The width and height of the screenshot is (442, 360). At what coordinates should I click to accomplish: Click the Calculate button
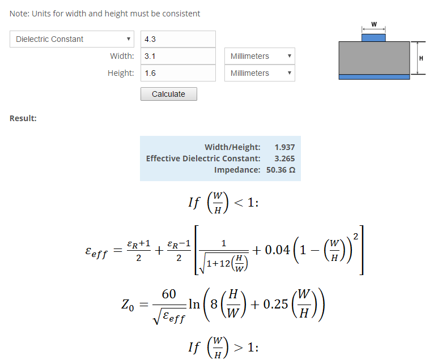pyautogui.click(x=168, y=94)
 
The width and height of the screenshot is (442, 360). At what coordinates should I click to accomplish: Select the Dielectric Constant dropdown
pyautogui.click(x=72, y=39)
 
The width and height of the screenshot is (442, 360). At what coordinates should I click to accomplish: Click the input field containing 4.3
pyautogui.click(x=178, y=39)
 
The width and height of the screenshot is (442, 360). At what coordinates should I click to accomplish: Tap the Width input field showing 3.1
pyautogui.click(x=178, y=56)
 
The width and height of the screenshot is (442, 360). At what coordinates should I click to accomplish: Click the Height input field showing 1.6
pyautogui.click(x=178, y=73)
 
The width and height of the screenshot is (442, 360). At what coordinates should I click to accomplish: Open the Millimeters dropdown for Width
pyautogui.click(x=260, y=56)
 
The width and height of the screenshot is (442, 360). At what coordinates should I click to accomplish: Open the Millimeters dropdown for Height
pyautogui.click(x=260, y=73)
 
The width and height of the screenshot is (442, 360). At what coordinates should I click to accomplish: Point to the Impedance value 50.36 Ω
pyautogui.click(x=280, y=170)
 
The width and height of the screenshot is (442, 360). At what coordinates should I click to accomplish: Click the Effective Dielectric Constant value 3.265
pyautogui.click(x=284, y=158)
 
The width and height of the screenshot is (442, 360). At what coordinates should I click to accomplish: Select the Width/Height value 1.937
pyautogui.click(x=284, y=147)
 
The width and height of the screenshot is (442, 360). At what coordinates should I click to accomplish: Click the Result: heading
pyautogui.click(x=23, y=118)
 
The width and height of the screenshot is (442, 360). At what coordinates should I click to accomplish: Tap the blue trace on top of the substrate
pyautogui.click(x=373, y=38)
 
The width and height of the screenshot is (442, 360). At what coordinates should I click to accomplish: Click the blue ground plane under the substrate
pyautogui.click(x=374, y=77)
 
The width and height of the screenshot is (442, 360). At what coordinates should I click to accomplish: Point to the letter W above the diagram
pyautogui.click(x=374, y=24)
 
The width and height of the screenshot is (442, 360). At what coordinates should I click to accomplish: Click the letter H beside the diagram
pyautogui.click(x=421, y=58)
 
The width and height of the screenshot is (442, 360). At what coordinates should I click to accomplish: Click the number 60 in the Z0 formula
pyautogui.click(x=169, y=294)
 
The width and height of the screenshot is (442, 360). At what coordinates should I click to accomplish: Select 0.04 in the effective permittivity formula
pyautogui.click(x=277, y=250)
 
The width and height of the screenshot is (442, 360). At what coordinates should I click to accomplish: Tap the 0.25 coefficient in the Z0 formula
pyautogui.click(x=275, y=305)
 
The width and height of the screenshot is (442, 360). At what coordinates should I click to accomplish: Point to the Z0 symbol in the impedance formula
pyautogui.click(x=127, y=305)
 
